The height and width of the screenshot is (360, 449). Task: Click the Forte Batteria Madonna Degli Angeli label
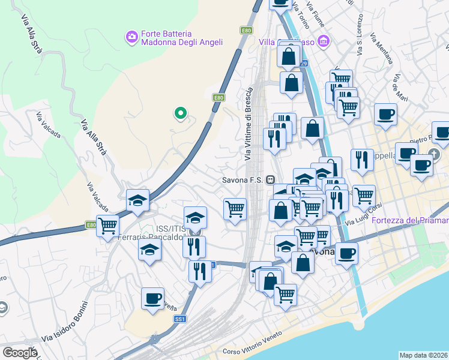click(x=181, y=38)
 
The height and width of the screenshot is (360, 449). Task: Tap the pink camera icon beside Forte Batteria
click(x=131, y=38)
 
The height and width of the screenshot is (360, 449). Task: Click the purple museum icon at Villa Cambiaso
click(x=324, y=41)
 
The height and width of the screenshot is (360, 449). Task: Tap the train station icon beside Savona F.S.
click(x=271, y=179)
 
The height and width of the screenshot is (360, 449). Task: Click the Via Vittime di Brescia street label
click(x=249, y=123)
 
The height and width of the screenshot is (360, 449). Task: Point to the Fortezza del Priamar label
click(x=410, y=220)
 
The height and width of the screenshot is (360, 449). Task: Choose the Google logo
click(x=20, y=353)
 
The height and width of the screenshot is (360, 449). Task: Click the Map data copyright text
click(x=423, y=355)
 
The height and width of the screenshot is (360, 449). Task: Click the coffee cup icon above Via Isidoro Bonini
click(x=152, y=298)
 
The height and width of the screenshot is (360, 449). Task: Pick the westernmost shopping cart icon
click(x=108, y=227)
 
